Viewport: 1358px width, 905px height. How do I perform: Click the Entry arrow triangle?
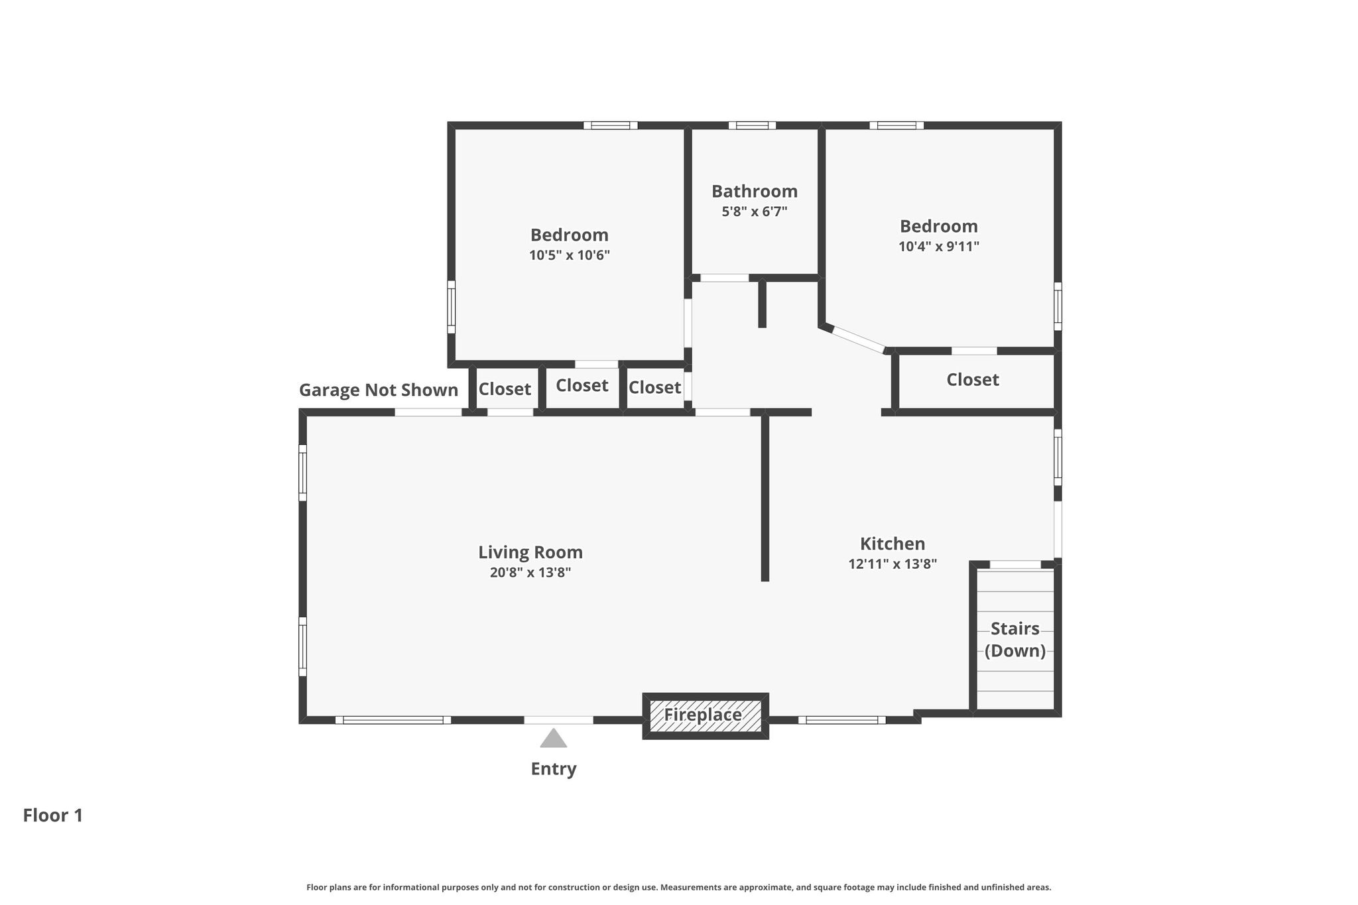[553, 739]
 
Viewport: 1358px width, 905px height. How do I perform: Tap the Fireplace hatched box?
[706, 716]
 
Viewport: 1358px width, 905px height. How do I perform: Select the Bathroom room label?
[755, 192]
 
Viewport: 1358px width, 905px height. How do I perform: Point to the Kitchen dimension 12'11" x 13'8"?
[893, 564]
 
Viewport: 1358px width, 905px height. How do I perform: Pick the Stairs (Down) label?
[1015, 640]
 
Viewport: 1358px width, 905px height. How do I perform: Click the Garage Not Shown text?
[379, 390]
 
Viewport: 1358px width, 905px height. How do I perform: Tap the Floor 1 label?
[53, 815]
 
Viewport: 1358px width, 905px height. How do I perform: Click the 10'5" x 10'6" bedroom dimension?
[570, 255]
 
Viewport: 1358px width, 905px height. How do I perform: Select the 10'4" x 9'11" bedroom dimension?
[939, 247]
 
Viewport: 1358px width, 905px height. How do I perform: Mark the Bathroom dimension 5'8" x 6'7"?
[755, 212]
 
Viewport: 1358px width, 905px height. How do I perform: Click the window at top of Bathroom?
[752, 125]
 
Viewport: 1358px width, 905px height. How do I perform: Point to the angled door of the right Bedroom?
[859, 339]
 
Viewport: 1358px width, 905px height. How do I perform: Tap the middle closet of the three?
[582, 386]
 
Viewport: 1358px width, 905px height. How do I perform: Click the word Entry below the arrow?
[554, 769]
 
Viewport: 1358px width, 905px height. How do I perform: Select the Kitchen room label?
[893, 544]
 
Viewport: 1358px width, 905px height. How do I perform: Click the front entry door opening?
[558, 720]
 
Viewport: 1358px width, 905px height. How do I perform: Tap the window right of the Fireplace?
[842, 720]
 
